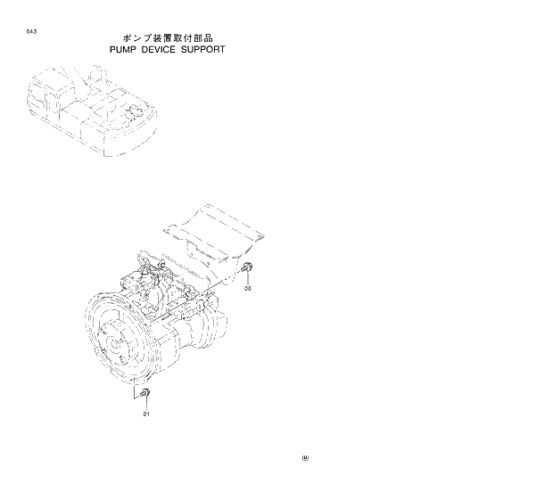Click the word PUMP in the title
124,50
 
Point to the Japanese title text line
169,38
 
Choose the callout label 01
145,414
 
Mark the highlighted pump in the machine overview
134,113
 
